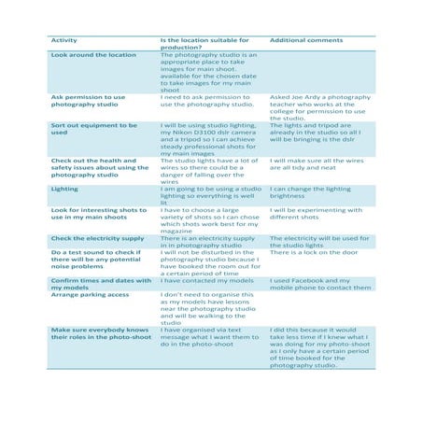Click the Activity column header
63,41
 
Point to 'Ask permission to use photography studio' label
87,101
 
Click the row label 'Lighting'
64,189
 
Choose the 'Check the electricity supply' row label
97,239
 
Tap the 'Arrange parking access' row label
90,294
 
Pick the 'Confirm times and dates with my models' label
101,284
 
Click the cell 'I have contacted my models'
208,280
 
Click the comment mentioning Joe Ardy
320,107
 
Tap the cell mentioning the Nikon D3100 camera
211,139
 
